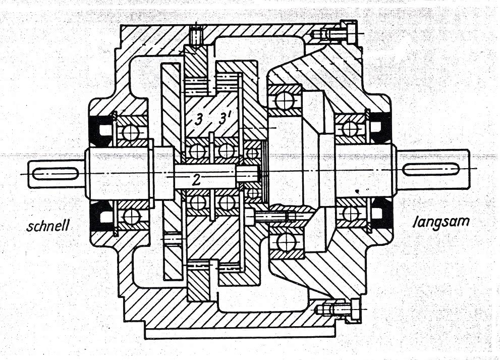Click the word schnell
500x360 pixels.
(48, 226)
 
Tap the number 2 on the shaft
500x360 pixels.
(196, 180)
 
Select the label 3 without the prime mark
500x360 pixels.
(198, 120)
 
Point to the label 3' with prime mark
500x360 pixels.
(225, 119)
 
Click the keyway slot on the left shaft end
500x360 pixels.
(56, 174)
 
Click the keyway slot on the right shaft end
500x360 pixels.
(431, 169)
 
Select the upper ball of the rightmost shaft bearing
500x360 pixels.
(350, 128)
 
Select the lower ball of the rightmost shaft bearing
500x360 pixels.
(350, 213)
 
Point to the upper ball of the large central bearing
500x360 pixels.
(285, 100)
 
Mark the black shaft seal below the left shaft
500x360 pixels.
(101, 217)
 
